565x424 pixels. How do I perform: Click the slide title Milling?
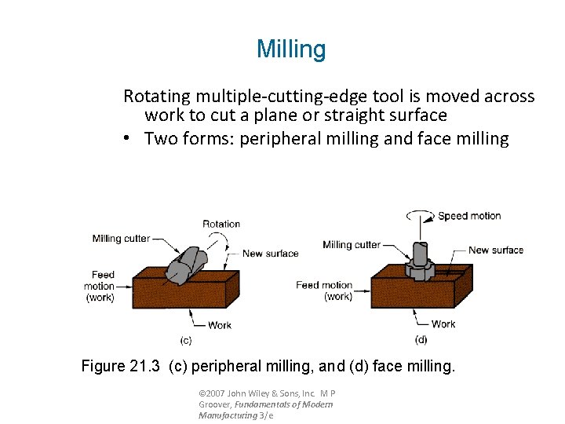click(290, 49)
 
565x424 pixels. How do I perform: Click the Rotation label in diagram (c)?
click(221, 224)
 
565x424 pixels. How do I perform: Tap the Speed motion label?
click(469, 216)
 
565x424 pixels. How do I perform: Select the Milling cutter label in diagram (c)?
click(121, 239)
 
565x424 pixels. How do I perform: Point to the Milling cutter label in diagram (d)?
click(352, 245)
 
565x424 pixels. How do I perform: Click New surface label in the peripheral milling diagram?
click(271, 254)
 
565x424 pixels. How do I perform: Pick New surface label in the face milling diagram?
click(496, 250)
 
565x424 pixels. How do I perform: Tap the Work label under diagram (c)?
click(220, 325)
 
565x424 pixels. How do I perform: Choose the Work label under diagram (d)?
click(443, 323)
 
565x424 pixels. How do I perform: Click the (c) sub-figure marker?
click(186, 340)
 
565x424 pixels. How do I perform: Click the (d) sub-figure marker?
click(421, 339)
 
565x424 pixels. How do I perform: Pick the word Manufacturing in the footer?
click(227, 415)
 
